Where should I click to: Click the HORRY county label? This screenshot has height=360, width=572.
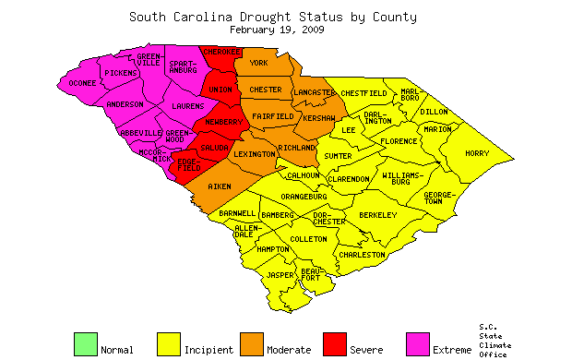(477, 153)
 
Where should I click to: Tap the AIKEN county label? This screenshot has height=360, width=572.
(220, 187)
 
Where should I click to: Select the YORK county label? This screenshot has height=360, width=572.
(258, 63)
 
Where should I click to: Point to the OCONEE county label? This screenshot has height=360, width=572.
(83, 84)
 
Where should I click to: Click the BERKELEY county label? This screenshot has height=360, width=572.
(377, 215)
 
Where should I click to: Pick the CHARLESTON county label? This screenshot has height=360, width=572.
(362, 254)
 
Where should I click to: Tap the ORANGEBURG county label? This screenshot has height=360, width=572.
(305, 197)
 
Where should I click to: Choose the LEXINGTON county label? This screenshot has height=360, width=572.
(254, 154)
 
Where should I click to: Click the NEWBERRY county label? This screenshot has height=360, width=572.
(222, 123)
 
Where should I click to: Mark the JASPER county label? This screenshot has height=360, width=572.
(280, 275)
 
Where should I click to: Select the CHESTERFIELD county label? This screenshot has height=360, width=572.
(364, 93)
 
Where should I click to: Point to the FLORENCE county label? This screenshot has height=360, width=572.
(399, 141)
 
